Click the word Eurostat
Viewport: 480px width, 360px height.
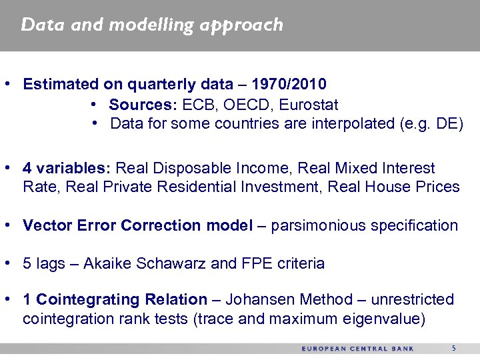coord(309,105)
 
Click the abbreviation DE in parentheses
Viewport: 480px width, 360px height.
coord(446,124)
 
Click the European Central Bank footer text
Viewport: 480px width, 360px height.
coord(357,349)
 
